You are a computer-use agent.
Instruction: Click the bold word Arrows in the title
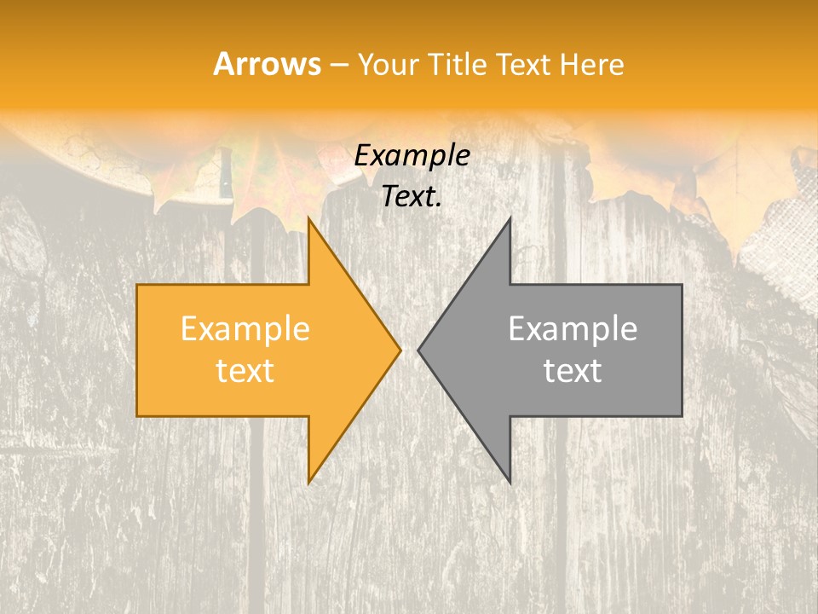tap(267, 65)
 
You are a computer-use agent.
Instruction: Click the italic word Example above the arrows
tap(412, 156)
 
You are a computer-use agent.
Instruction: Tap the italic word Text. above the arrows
tap(410, 197)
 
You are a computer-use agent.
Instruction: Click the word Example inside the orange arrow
tap(245, 329)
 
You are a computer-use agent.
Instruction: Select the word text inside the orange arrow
tap(245, 371)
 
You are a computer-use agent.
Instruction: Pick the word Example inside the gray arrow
tap(573, 329)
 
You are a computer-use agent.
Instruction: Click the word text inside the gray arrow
tap(573, 371)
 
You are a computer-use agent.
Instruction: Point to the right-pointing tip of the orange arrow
tap(400, 350)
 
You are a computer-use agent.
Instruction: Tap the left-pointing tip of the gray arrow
tap(419, 350)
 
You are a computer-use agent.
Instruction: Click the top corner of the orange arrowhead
tap(309, 218)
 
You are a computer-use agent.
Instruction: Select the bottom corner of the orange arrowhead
tap(309, 483)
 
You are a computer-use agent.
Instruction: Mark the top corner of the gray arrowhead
tap(510, 218)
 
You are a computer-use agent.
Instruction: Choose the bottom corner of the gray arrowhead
tap(510, 483)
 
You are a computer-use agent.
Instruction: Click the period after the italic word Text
tap(439, 205)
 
